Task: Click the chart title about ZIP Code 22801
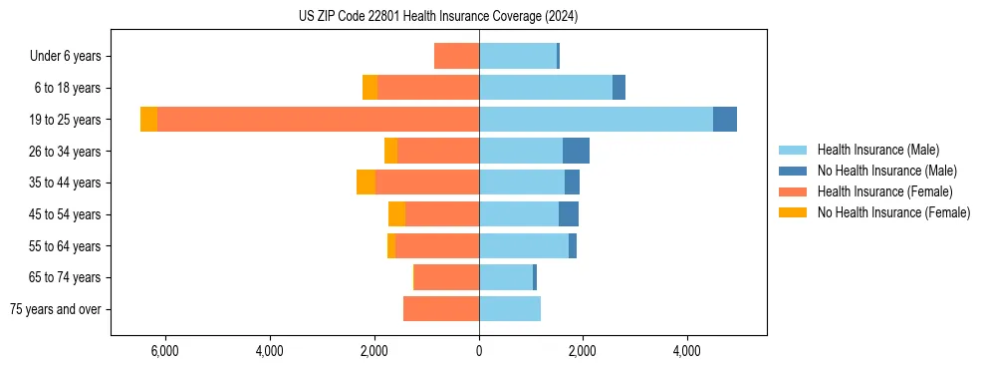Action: (438, 17)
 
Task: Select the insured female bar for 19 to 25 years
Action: (318, 119)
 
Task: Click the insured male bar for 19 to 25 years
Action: (596, 119)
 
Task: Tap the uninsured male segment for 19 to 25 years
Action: (725, 119)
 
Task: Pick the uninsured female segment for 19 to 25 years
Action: (148, 119)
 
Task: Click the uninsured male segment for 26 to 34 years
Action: (576, 151)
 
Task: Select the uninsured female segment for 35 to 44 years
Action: (366, 183)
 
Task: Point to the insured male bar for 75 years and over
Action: (510, 309)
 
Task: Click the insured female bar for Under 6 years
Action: (456, 56)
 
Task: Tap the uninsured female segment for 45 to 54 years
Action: (396, 214)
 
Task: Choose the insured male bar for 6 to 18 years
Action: (546, 88)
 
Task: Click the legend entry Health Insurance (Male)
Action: (877, 150)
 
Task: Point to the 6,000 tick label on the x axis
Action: (164, 351)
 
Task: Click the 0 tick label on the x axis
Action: (479, 351)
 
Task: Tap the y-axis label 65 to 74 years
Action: (65, 277)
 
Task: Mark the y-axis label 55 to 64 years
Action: (65, 246)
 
